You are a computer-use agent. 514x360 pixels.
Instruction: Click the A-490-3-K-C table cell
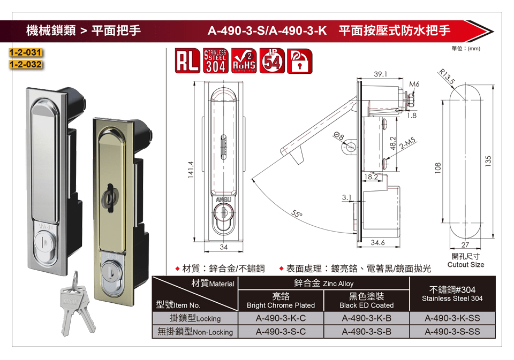coord(281,318)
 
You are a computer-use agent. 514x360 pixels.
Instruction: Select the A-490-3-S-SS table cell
coord(452,332)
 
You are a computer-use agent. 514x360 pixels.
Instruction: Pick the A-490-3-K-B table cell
coord(366,318)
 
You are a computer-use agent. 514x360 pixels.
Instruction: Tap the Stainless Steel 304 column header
coord(452,294)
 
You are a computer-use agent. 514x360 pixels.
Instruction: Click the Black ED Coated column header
coord(366,301)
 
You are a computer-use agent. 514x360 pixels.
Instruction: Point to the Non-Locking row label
coord(195,332)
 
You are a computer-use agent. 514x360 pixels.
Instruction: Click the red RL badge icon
coord(187,60)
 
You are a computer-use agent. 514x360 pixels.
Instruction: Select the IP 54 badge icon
coord(272,60)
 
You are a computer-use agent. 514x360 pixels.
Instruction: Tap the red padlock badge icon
coord(300,60)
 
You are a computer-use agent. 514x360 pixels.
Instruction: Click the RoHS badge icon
coord(244,60)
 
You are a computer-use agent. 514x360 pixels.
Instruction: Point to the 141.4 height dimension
coord(191,170)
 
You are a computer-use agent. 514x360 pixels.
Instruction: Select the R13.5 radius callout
coord(447,76)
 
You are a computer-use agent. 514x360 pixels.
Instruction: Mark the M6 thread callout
coord(414,84)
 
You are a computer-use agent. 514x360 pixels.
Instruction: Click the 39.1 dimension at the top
coord(380,74)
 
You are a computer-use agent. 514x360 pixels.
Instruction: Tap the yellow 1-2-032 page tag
coord(26,64)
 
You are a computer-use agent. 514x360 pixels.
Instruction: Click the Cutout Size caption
coord(465,265)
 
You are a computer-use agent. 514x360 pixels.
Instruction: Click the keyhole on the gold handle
coord(109,198)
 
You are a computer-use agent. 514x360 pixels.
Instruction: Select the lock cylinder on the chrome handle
coord(44,242)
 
